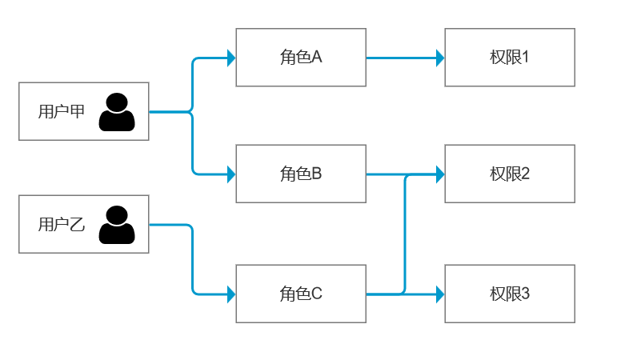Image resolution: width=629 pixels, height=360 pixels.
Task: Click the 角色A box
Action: (x=301, y=58)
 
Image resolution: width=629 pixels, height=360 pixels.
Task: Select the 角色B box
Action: (x=301, y=174)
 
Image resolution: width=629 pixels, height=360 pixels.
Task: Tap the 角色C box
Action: (x=301, y=294)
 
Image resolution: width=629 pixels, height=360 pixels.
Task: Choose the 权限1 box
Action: (x=510, y=58)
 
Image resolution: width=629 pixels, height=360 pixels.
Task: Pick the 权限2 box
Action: (x=510, y=174)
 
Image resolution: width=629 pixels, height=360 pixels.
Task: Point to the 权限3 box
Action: (x=510, y=294)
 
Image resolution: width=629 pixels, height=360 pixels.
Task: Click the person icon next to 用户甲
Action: (x=117, y=112)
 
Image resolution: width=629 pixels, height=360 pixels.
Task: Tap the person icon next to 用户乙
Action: (x=117, y=225)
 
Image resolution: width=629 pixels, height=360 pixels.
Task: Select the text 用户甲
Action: (x=62, y=111)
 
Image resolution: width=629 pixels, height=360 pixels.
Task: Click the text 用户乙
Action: (x=62, y=224)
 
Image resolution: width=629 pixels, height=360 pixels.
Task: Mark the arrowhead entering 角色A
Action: (x=231, y=58)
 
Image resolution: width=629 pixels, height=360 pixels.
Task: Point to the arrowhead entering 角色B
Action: (x=231, y=174)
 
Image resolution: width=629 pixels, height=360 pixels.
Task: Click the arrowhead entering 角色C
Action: (x=231, y=294)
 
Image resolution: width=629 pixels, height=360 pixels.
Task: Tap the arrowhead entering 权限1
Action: (x=440, y=58)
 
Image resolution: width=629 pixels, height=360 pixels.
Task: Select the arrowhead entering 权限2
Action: (x=440, y=174)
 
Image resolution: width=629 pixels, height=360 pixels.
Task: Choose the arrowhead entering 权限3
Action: (x=440, y=294)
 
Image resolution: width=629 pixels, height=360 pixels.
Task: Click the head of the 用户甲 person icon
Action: (x=117, y=102)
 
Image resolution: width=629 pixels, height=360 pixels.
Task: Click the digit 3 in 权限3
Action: (x=525, y=294)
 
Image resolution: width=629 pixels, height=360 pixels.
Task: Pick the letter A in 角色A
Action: (x=317, y=58)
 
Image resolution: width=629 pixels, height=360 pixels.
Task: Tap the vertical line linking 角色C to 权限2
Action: (x=405, y=234)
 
